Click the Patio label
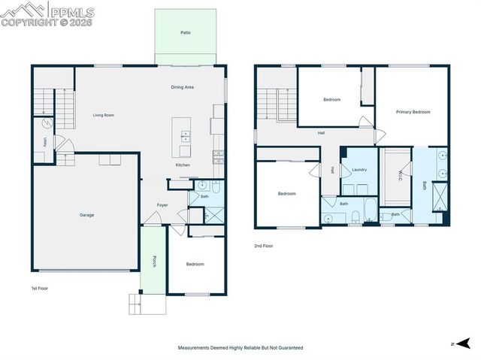[185, 33]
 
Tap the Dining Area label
[182, 87]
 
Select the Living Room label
[103, 115]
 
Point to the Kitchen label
[183, 165]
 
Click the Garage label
[87, 215]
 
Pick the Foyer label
[162, 205]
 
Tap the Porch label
[154, 262]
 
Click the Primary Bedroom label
[413, 112]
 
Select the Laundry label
[359, 170]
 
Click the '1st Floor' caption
[39, 288]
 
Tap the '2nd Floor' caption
[263, 246]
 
